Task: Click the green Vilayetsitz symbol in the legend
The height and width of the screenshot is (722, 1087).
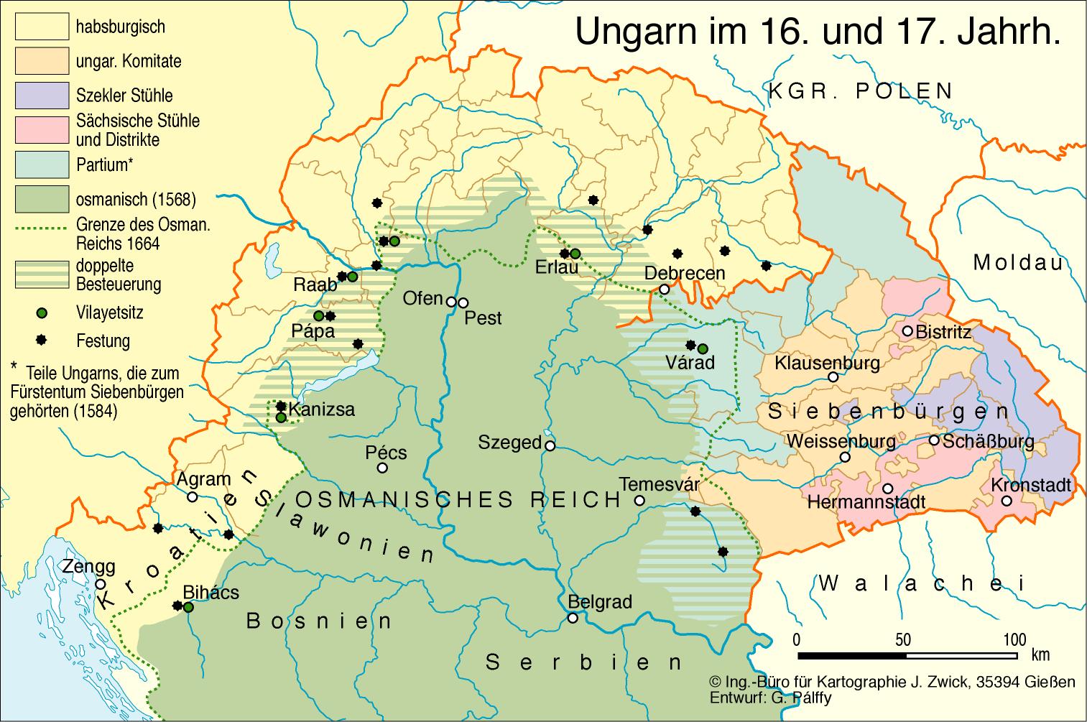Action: (42, 313)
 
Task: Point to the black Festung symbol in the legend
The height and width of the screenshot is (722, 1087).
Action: (42, 341)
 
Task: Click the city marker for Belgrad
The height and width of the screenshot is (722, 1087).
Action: (573, 618)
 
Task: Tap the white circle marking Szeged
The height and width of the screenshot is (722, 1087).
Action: (550, 445)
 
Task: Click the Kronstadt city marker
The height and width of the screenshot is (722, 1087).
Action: (1007, 501)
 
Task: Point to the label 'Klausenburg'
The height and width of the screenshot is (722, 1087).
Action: (827, 362)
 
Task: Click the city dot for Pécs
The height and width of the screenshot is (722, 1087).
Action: (382, 468)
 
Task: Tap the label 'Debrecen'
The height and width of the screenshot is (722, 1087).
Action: (685, 273)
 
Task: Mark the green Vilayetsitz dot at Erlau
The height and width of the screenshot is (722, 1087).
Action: (575, 253)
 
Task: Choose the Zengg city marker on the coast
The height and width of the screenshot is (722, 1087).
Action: (101, 584)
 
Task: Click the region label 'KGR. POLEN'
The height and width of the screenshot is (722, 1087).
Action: (861, 91)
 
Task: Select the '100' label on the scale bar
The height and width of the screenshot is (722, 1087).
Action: (1014, 640)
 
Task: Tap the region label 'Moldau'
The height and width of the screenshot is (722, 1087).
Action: (1017, 262)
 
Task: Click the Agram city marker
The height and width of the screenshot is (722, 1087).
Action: (193, 496)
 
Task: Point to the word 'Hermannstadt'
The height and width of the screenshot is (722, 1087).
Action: (866, 501)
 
